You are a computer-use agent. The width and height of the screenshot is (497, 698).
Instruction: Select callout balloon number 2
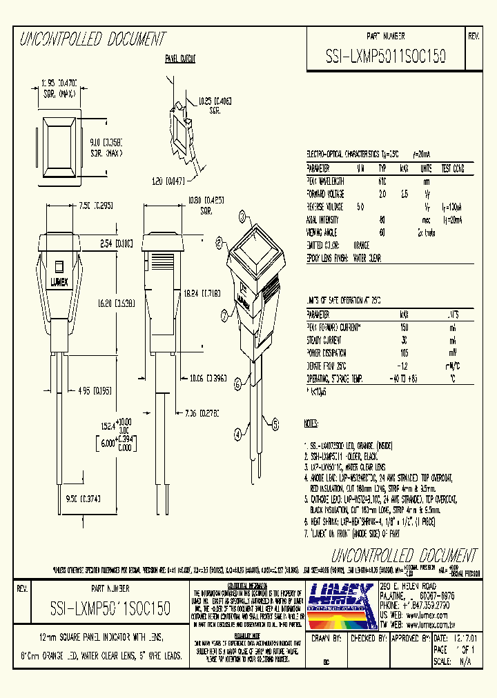tap(219, 242)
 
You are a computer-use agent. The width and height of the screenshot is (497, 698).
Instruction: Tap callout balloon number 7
tap(224, 316)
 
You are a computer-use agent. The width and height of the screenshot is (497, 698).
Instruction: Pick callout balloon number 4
tap(237, 435)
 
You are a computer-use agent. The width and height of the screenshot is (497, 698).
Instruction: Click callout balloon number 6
tap(237, 383)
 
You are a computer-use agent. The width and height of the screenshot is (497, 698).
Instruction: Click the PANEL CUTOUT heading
tap(179, 59)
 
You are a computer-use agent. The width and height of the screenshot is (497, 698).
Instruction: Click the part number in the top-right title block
tap(385, 59)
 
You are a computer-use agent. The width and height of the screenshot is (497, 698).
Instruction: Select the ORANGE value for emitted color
tap(360, 245)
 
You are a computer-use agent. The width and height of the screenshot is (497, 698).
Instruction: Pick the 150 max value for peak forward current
tap(405, 327)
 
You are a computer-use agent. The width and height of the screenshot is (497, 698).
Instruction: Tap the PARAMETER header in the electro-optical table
tap(318, 168)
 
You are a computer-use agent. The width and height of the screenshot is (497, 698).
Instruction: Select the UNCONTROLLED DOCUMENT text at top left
tap(92, 39)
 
